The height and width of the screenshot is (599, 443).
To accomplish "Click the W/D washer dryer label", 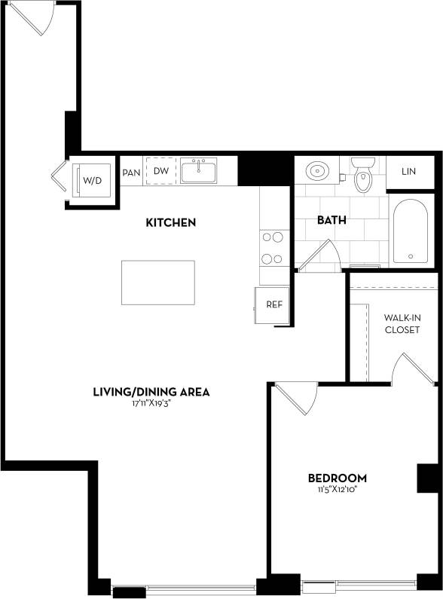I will tap(92, 181).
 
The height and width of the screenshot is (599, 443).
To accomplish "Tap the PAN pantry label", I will tap(131, 172).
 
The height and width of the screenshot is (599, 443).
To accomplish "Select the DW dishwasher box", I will tap(161, 171).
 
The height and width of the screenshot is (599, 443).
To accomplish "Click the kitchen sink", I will tap(198, 170).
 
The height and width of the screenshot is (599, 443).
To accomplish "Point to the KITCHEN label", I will tap(170, 222).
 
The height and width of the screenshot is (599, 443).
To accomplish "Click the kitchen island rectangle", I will tap(157, 283).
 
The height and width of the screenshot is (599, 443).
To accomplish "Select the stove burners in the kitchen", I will tap(272, 248).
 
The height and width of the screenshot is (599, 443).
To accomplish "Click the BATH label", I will tap(331, 221).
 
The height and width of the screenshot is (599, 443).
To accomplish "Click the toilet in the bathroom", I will tap(363, 176).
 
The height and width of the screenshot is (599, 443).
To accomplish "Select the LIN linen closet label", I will tap(408, 172).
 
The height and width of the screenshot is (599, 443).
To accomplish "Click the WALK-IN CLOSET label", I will tap(402, 324).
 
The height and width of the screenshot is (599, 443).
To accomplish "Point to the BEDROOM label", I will tap(338, 478).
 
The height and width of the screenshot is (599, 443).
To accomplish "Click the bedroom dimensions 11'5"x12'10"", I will tap(338, 490).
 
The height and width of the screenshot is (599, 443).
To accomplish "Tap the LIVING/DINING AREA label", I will tap(151, 392).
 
